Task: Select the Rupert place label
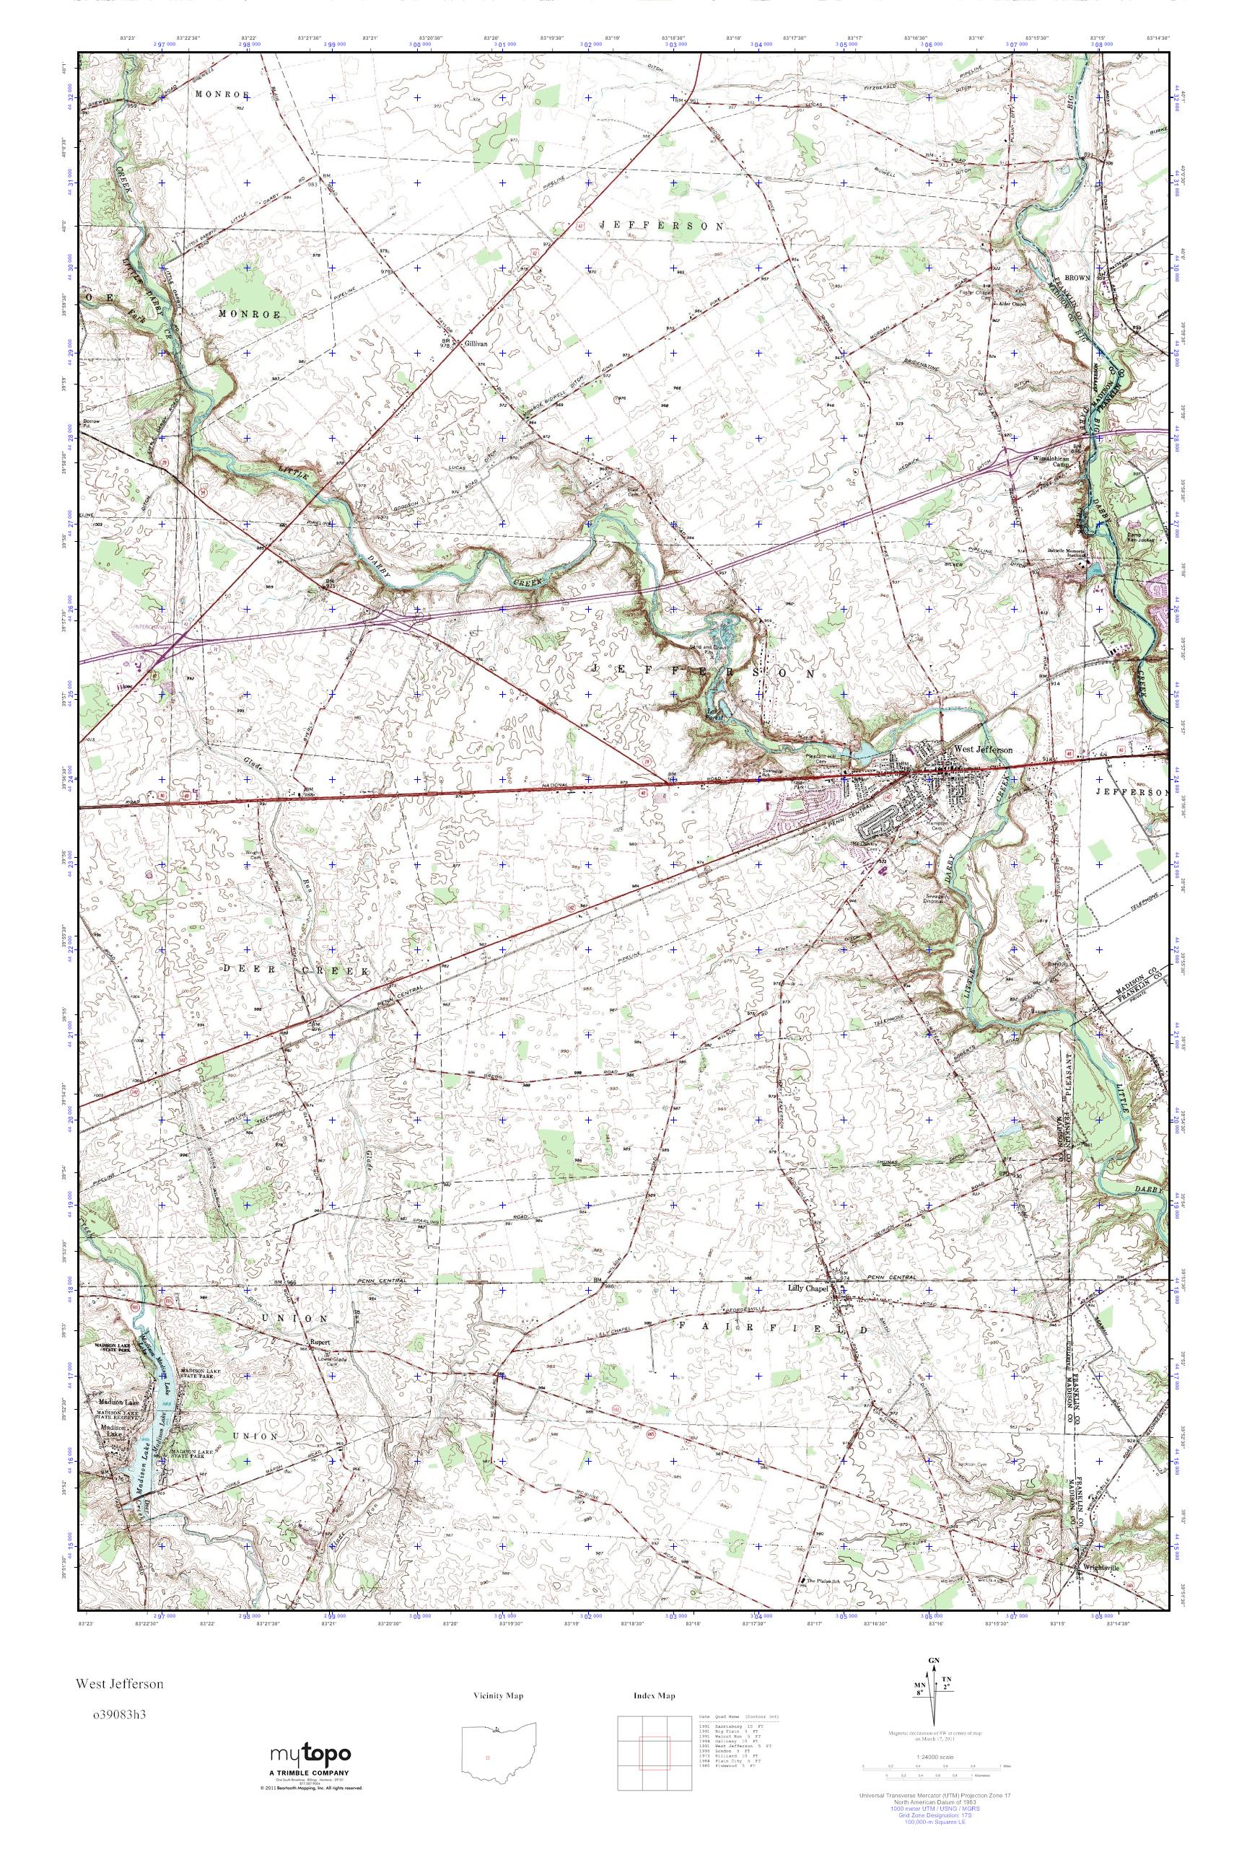tap(320, 1347)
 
